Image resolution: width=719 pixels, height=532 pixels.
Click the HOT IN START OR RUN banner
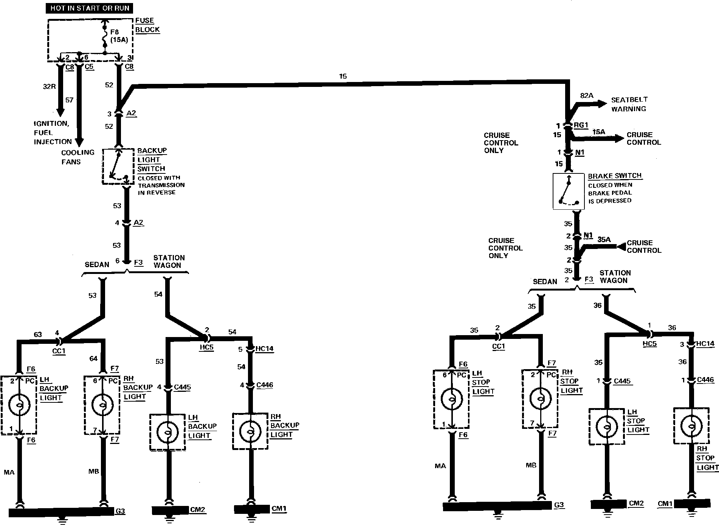[x=90, y=8]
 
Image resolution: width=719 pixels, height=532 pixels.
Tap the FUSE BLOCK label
[x=147, y=25]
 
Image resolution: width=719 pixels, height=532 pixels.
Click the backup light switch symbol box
[x=118, y=166]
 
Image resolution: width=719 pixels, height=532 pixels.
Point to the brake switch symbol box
[x=569, y=191]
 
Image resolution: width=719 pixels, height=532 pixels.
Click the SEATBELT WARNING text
[x=629, y=104]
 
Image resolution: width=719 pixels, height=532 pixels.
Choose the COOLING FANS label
[x=77, y=157]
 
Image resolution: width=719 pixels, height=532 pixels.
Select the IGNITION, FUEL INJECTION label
[x=53, y=133]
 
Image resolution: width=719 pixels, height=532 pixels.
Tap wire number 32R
[x=49, y=86]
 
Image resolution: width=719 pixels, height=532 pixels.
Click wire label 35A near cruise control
[x=604, y=239]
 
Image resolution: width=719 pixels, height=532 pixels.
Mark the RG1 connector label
[x=581, y=125]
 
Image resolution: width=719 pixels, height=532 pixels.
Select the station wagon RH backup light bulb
[x=250, y=431]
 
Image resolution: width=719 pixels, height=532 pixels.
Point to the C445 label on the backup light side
[x=182, y=387]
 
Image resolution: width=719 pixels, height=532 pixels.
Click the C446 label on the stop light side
[x=705, y=380]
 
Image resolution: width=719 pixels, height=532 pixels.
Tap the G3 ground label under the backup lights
[x=120, y=511]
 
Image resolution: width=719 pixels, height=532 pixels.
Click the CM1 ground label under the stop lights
[x=665, y=504]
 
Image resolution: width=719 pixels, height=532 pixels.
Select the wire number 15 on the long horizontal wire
[x=342, y=76]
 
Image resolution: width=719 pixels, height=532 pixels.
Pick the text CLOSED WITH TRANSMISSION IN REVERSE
[x=161, y=185]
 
